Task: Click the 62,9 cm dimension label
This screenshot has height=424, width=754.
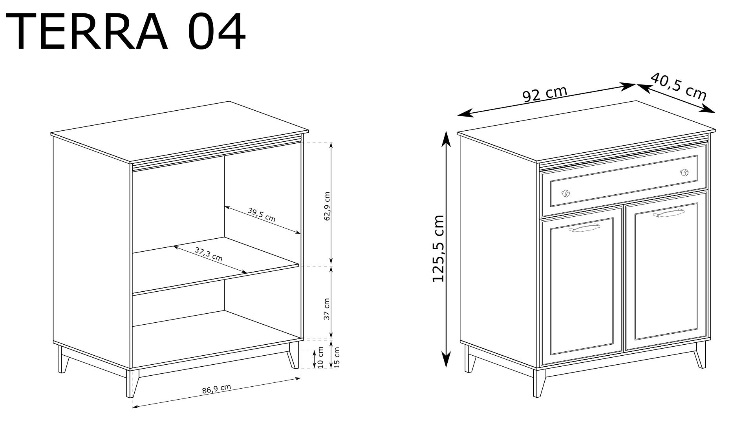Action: click(327, 207)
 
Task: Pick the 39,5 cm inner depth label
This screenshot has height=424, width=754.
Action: click(262, 215)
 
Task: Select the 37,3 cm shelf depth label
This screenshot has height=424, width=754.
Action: click(209, 254)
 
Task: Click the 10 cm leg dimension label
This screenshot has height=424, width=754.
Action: click(320, 357)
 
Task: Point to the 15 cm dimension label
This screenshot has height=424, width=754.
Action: click(337, 357)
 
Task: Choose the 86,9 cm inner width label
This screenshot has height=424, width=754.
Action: click(216, 389)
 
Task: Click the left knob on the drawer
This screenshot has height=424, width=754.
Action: click(566, 193)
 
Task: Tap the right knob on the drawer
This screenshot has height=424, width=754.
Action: click(684, 172)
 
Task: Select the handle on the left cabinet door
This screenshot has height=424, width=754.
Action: click(584, 228)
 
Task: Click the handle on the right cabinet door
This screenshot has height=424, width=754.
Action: click(669, 214)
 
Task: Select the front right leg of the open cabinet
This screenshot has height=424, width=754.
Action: click(293, 356)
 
